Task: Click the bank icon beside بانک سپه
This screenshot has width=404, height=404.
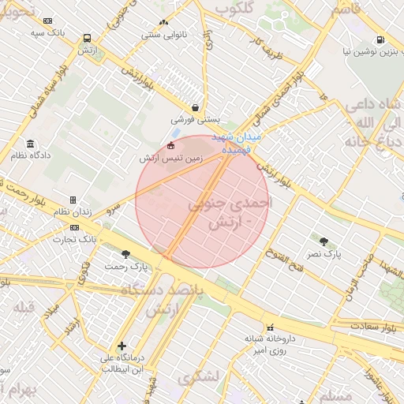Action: click(x=48, y=21)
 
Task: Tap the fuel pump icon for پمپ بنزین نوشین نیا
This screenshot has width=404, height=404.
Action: click(x=380, y=39)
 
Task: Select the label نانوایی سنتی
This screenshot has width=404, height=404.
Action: click(x=163, y=35)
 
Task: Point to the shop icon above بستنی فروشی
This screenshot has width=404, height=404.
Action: click(x=195, y=108)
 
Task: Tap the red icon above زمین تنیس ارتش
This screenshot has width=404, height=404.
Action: click(x=171, y=146)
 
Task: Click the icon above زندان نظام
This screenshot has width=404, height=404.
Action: click(x=73, y=200)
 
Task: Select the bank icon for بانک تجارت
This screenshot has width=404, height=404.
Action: click(x=75, y=227)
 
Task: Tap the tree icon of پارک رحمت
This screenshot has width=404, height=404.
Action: click(x=125, y=254)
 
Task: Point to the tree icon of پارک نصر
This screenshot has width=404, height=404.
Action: click(x=324, y=240)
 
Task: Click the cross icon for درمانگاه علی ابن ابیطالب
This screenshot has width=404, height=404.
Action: click(x=122, y=346)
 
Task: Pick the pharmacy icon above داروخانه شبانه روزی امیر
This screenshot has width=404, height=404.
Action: click(x=270, y=327)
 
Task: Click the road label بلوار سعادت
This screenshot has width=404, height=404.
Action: click(x=363, y=324)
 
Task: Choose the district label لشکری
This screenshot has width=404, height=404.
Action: click(x=196, y=380)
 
